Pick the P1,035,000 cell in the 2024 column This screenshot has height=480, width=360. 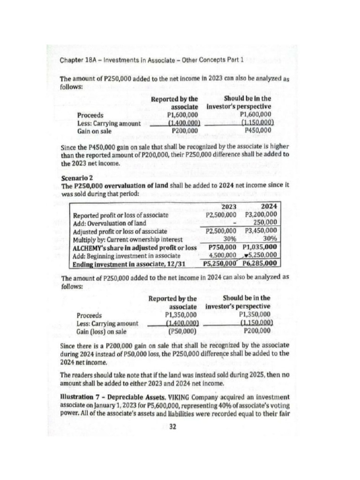click(260, 247)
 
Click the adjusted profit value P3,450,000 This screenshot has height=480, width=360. click(261, 231)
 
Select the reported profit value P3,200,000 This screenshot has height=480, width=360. click(261, 215)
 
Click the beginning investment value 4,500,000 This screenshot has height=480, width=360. click(222, 255)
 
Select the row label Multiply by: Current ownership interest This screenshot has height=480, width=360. click(121, 239)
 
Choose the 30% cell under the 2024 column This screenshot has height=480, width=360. click(270, 239)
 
